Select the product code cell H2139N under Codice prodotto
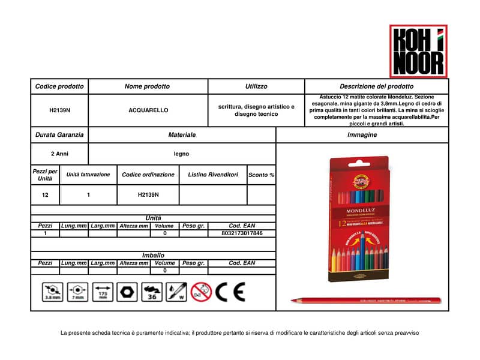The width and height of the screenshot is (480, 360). point(59,110)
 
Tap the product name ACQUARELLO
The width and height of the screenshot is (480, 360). point(148,110)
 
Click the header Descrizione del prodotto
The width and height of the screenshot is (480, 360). point(376,86)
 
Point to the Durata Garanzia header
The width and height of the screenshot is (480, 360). point(59,135)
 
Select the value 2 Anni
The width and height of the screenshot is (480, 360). point(59,154)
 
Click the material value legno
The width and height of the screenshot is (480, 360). point(182,154)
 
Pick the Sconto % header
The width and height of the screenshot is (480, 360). point(261,175)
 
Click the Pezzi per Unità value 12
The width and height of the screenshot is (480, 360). point(46,195)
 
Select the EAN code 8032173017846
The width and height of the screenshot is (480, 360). point(242,233)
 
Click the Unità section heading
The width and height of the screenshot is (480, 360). point(153,218)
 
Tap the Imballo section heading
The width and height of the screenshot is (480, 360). point(153,255)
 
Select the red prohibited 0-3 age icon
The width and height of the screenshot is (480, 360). point(201,292)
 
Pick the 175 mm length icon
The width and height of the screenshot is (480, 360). point(103,292)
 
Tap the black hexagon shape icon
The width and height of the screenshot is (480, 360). point(127,292)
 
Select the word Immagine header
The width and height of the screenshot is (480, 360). point(362,135)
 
